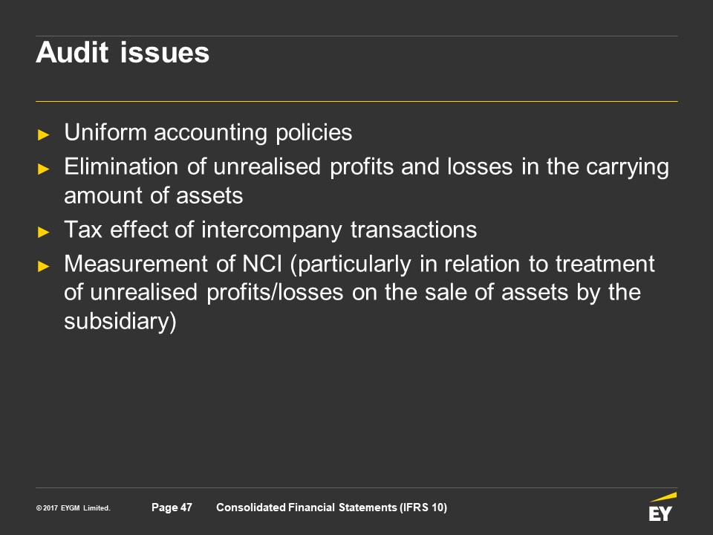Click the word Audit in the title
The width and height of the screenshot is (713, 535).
coord(72,52)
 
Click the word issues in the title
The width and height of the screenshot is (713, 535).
coord(165,52)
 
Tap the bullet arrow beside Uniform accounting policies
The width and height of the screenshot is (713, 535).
coord(44,134)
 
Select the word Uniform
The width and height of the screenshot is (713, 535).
coord(105,132)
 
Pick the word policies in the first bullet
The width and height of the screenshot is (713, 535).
coord(313,133)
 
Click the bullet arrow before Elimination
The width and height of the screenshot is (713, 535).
coord(44,169)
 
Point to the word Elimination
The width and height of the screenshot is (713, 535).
coord(121,166)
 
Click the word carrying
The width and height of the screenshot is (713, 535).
coord(628,167)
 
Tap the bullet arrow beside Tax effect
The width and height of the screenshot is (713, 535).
coord(44,232)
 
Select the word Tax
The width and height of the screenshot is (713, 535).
coord(82,230)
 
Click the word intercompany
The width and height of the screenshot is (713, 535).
coord(272,230)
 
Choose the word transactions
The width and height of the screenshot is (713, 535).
coord(414,230)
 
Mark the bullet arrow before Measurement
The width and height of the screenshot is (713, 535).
coord(44,266)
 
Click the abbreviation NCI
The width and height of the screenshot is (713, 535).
coord(262,264)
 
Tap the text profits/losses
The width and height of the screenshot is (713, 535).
coord(275,293)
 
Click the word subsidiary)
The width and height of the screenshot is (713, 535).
coord(120,322)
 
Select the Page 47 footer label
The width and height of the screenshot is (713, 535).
coord(172,508)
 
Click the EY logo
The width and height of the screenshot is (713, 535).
coord(662,507)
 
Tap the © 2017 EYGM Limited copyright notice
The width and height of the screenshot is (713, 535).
coord(74,508)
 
